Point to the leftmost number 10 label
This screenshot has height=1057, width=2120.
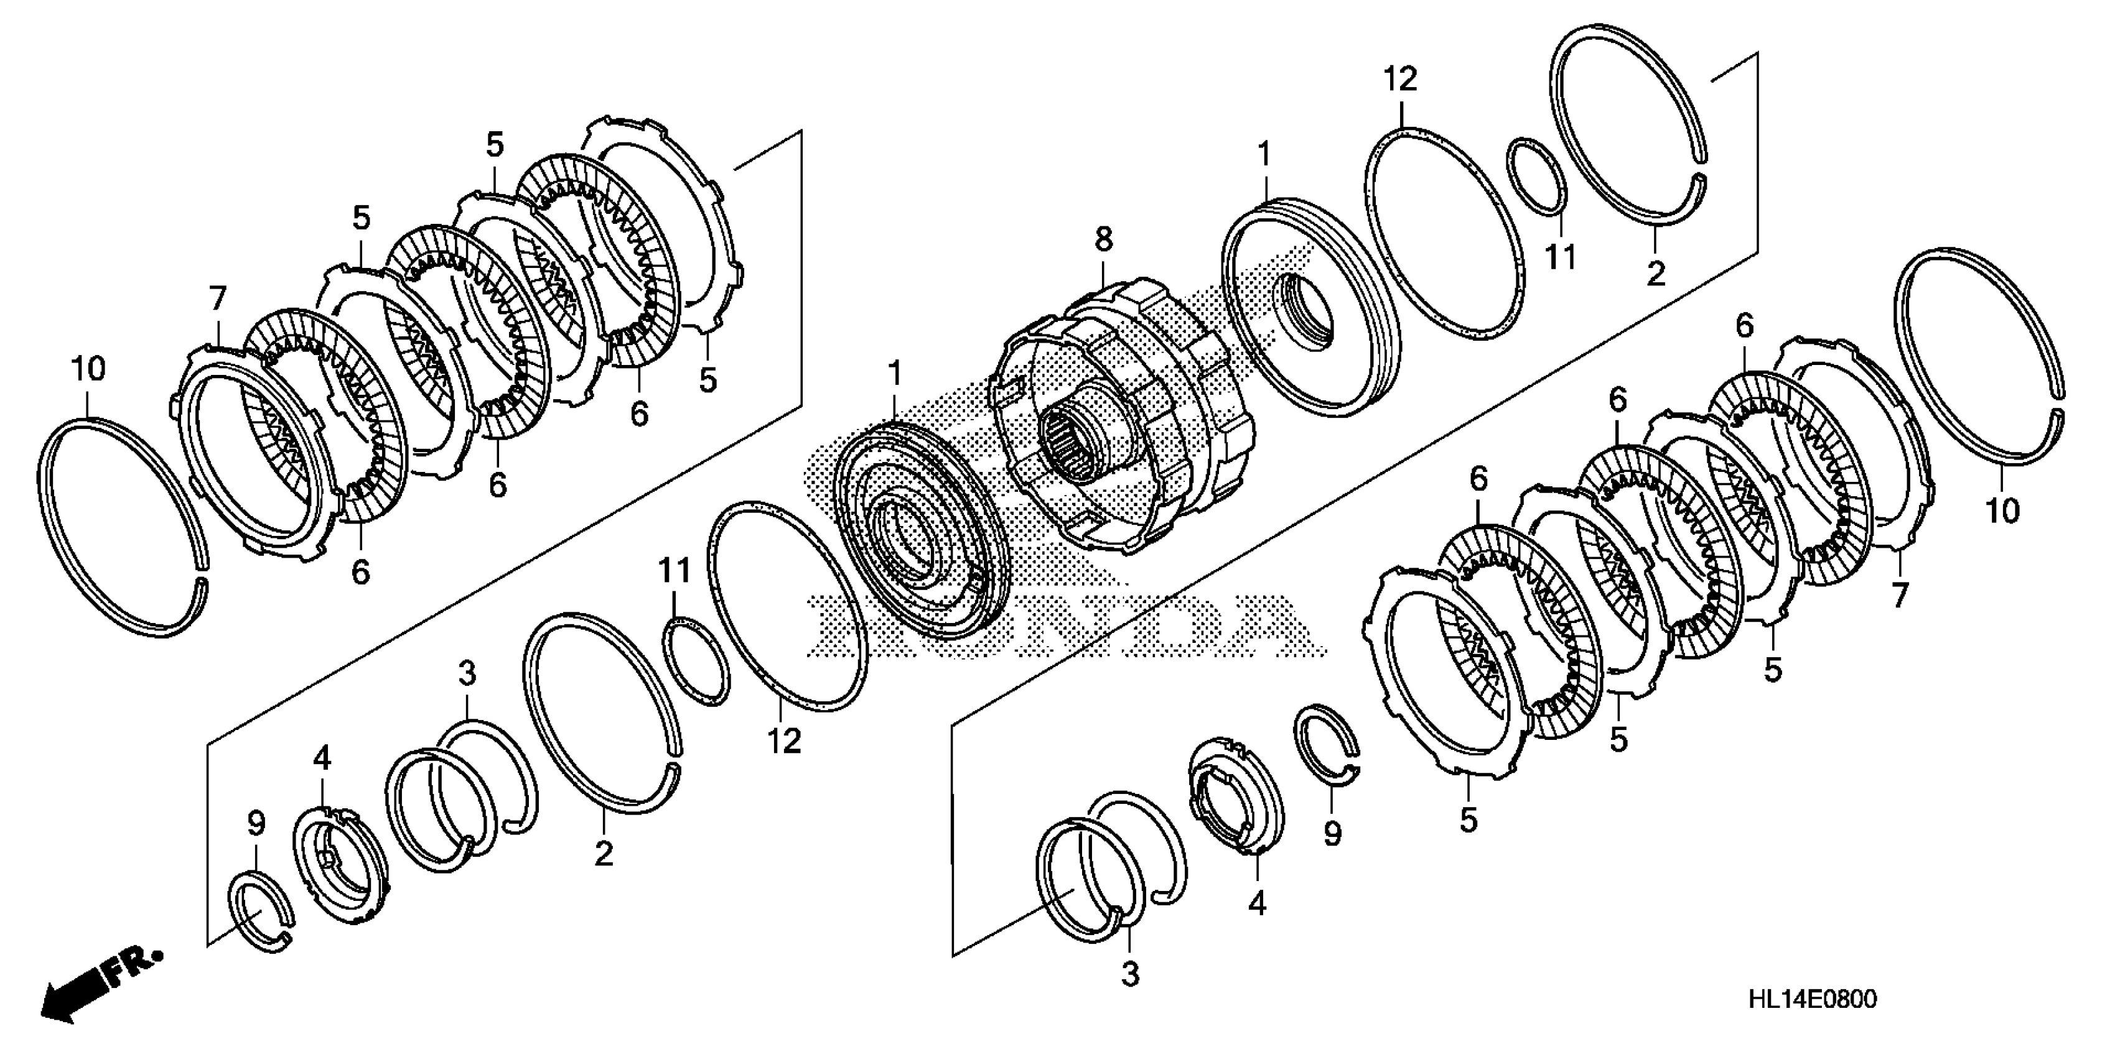89,369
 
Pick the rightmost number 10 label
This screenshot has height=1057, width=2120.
2002,511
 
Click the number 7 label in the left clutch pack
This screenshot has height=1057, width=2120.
217,298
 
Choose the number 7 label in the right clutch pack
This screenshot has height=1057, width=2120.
1898,594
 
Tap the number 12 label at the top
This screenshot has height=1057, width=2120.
1400,80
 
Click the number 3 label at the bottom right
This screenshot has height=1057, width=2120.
1131,975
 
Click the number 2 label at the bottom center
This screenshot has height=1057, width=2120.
603,853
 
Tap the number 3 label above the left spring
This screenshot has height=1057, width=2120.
467,675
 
